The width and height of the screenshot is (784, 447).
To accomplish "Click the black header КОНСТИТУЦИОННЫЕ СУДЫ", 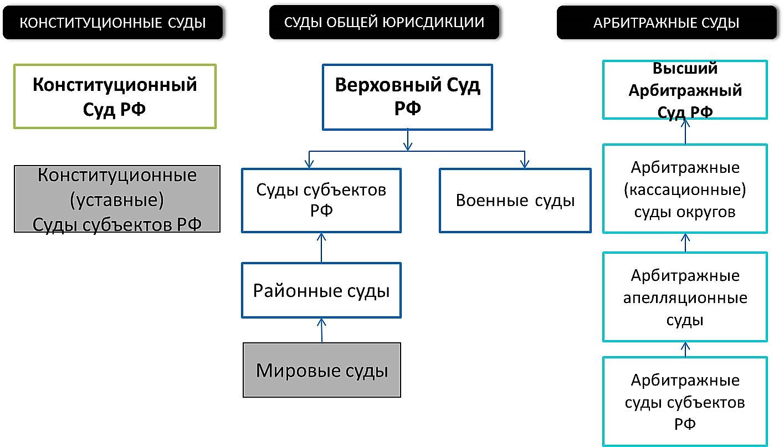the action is pos(112,22).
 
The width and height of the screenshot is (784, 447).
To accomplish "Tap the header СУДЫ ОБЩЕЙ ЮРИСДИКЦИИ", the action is pos(384,22).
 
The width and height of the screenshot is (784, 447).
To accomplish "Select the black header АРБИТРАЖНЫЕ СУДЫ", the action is pos(667,22).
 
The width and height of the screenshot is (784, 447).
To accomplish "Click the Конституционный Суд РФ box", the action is pos(115,96).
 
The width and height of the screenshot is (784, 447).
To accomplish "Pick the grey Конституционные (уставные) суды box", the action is pos(117,199).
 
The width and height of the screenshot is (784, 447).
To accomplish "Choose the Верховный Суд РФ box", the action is pos(407,97).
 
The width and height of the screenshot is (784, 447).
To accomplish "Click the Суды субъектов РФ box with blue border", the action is pos(321,201).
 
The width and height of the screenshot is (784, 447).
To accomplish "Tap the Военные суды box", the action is pos(515,201).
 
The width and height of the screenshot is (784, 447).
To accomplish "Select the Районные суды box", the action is pos(321,290).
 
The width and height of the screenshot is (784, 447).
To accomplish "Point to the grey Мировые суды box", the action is pos(322,370).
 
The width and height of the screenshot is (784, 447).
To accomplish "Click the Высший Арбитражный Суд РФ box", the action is pos(685,90).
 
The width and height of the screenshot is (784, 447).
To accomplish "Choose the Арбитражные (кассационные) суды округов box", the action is pos(685,189).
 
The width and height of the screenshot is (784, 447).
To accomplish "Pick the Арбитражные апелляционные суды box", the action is pos(685,297).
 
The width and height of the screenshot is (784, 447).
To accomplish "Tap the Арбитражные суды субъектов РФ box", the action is pos(685,402).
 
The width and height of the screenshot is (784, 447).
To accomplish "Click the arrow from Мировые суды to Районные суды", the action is pos(322,330).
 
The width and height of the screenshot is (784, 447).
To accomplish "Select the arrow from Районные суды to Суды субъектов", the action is pos(321,248).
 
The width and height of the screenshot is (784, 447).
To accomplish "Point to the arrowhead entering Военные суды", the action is pos(525,164).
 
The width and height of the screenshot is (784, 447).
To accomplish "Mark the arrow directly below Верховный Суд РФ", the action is pos(407,141).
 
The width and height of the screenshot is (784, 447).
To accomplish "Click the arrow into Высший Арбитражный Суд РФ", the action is pos(685,131).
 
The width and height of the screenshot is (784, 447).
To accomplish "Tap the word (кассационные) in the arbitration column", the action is pos(685,189).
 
